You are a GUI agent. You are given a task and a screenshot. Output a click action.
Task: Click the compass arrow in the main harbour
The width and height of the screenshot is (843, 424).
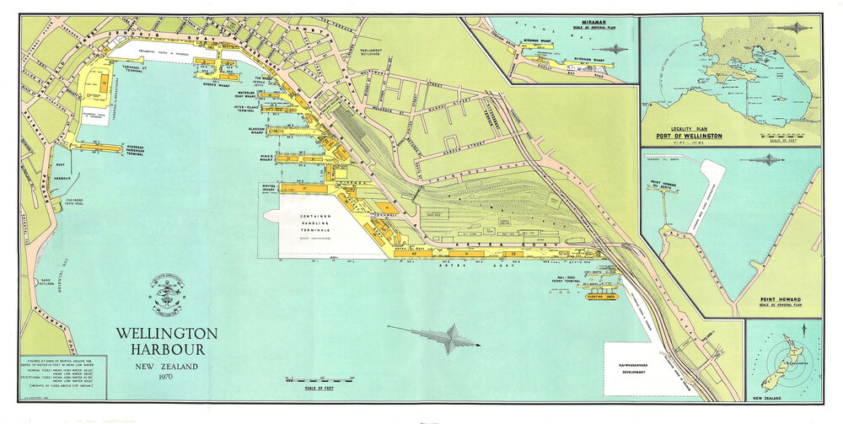(x=447, y=337)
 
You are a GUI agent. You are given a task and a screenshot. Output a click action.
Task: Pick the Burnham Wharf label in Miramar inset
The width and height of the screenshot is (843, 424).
(x=587, y=60)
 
